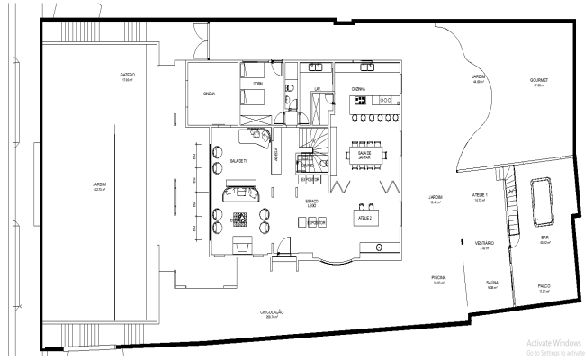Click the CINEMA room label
click(x=209, y=92)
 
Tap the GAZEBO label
click(x=128, y=76)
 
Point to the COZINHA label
click(x=347, y=89)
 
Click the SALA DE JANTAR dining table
click(x=364, y=155)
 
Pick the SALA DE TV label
click(x=238, y=160)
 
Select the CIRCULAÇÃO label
click(x=274, y=313)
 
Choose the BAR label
click(x=544, y=239)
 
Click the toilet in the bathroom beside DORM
click(x=290, y=89)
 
